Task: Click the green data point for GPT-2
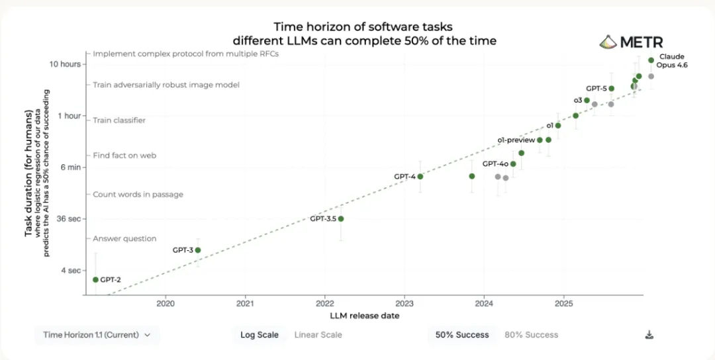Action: pyautogui.click(x=96, y=280)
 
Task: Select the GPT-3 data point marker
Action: pyautogui.click(x=198, y=250)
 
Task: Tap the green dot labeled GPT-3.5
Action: pyautogui.click(x=341, y=218)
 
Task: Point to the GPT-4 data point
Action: pyautogui.click(x=420, y=176)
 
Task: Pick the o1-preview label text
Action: pyautogui.click(x=516, y=140)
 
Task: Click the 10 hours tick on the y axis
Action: pyautogui.click(x=67, y=64)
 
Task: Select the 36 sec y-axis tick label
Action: pyautogui.click(x=69, y=218)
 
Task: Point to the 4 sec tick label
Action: pyautogui.click(x=70, y=270)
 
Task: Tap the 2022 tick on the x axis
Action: pyautogui.click(x=324, y=304)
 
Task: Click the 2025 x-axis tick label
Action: pyautogui.click(x=563, y=304)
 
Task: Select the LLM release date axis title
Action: pyautogui.click(x=364, y=316)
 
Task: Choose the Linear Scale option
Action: pyautogui.click(x=318, y=335)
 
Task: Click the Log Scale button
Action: pyautogui.click(x=260, y=335)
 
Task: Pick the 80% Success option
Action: pyautogui.click(x=531, y=335)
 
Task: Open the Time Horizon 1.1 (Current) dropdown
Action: pyautogui.click(x=97, y=335)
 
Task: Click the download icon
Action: pyautogui.click(x=649, y=335)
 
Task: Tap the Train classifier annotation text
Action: pyautogui.click(x=119, y=120)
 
